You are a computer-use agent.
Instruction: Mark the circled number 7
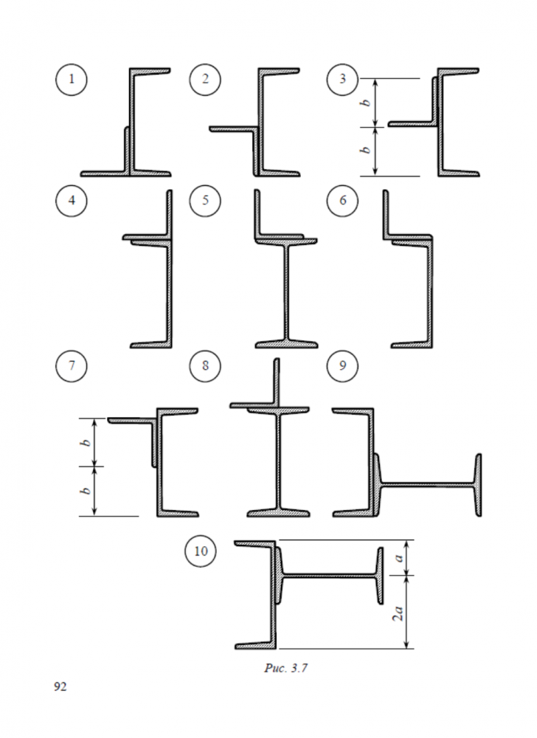point(72,365)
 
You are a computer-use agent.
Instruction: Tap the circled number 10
point(201,551)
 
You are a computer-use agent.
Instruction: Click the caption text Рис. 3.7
point(283,668)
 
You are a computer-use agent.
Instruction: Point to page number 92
point(61,687)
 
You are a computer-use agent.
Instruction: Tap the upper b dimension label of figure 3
point(364,103)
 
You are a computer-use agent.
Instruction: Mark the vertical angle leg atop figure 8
point(277,380)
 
